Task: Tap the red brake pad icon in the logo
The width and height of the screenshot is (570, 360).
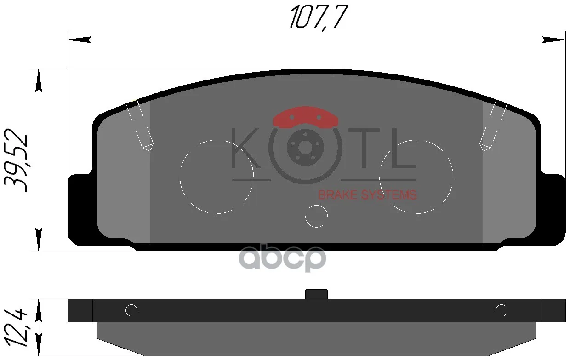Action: (305, 118)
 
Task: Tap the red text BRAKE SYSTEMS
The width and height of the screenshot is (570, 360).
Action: (367, 195)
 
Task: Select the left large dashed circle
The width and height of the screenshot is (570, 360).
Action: (217, 177)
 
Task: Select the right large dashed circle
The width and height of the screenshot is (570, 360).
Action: (416, 177)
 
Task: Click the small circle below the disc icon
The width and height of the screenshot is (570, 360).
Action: (317, 216)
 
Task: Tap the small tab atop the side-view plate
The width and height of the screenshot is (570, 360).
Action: (316, 294)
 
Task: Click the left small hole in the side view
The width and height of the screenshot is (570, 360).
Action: (131, 311)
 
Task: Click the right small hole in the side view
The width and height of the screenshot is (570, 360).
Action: (502, 311)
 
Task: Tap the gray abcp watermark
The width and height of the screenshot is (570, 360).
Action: (284, 258)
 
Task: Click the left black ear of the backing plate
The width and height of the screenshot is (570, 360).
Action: (78, 207)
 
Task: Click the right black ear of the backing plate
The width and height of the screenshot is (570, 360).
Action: (555, 207)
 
